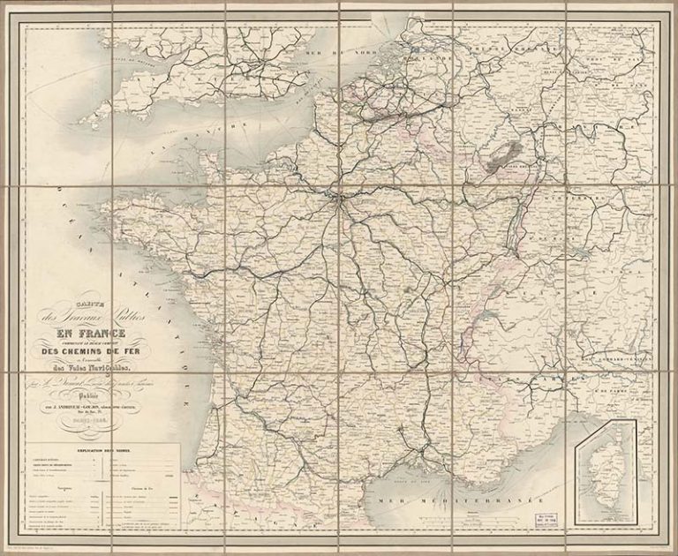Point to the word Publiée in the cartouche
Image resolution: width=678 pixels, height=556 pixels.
(x=117, y=396)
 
